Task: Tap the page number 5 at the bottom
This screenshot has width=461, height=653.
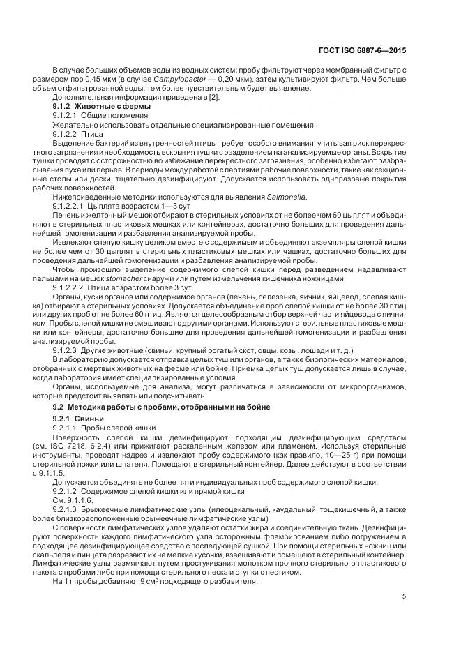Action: pyautogui.click(x=405, y=596)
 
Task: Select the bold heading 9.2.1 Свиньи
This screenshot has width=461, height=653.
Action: pyautogui.click(x=78, y=418)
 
